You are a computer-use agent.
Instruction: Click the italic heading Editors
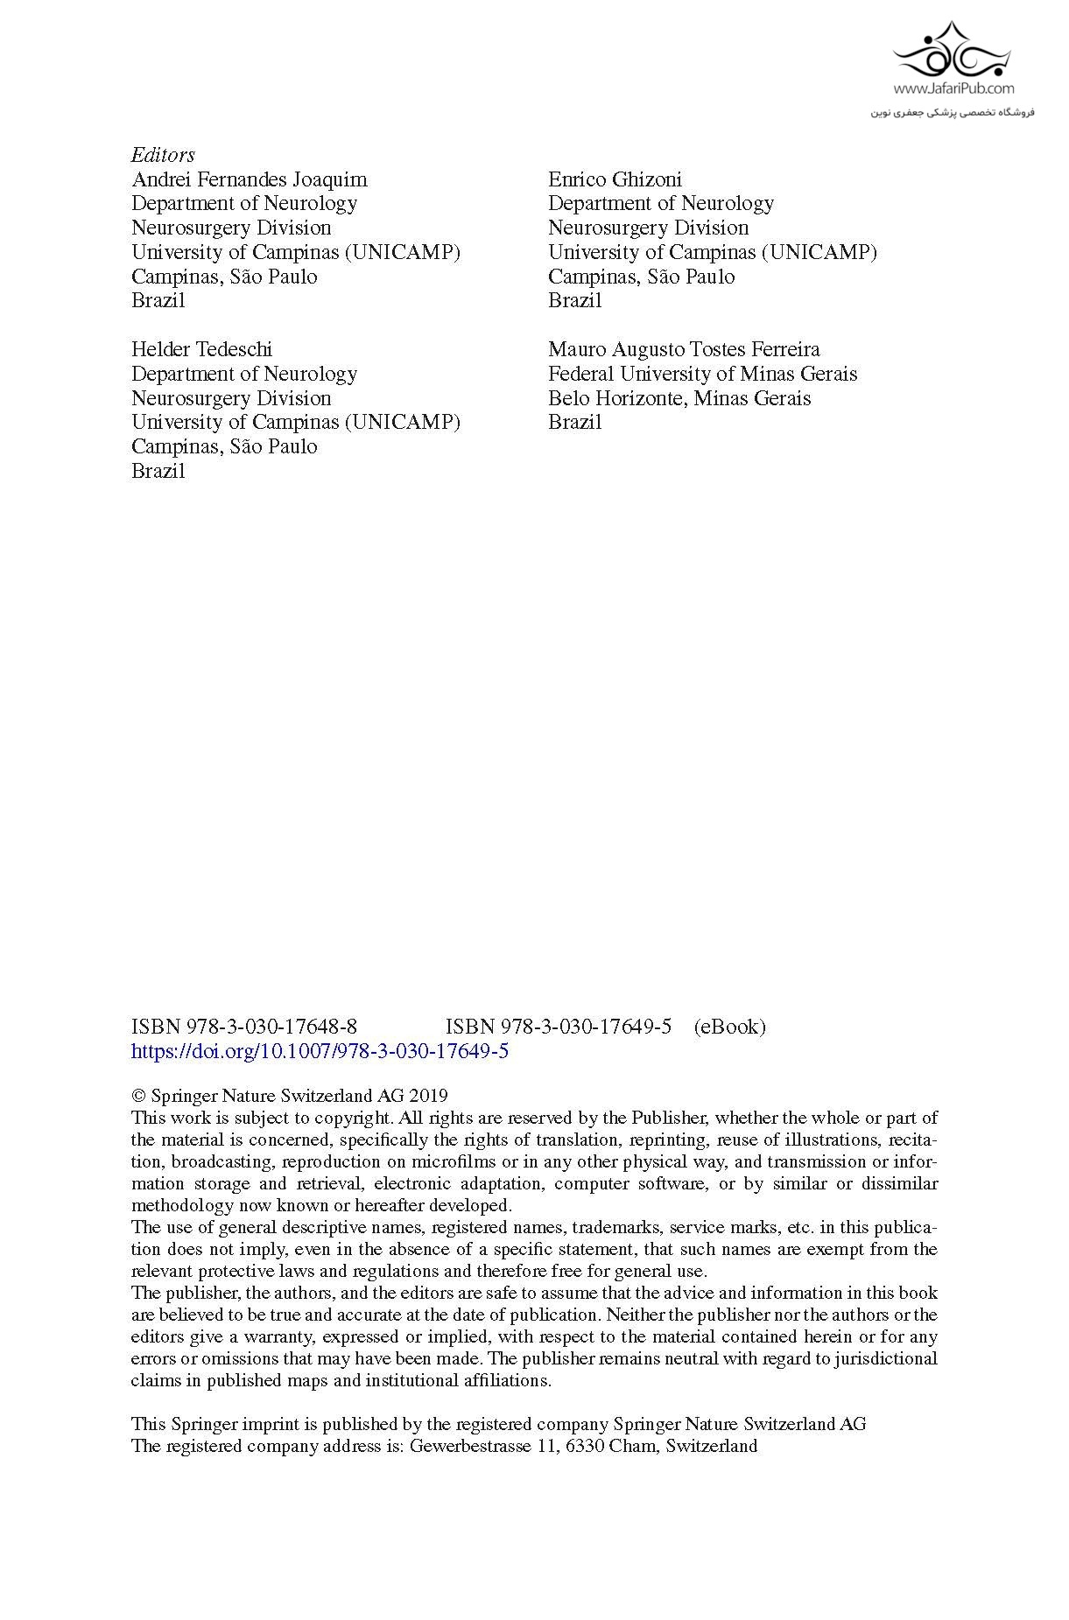tap(163, 155)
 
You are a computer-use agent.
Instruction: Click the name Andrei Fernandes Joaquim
tap(250, 179)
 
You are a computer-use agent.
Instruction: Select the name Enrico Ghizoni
tap(615, 179)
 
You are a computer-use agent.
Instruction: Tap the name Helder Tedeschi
tap(201, 349)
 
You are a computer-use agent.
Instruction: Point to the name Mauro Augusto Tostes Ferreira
tap(684, 349)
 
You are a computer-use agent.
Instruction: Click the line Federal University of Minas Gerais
tap(702, 374)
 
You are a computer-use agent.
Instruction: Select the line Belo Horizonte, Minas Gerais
tap(679, 398)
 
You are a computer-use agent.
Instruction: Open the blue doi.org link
tap(320, 1051)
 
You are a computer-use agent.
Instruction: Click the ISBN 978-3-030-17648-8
tap(243, 1027)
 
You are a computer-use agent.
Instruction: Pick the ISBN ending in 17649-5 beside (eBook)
tap(559, 1027)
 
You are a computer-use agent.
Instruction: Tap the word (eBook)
tap(729, 1027)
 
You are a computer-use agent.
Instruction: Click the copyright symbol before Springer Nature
tap(137, 1096)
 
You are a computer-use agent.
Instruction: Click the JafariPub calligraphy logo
tap(952, 53)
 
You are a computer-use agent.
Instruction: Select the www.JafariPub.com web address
tap(953, 88)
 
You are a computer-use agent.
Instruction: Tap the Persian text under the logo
tap(953, 112)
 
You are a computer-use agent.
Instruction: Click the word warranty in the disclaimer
tap(283, 1336)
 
